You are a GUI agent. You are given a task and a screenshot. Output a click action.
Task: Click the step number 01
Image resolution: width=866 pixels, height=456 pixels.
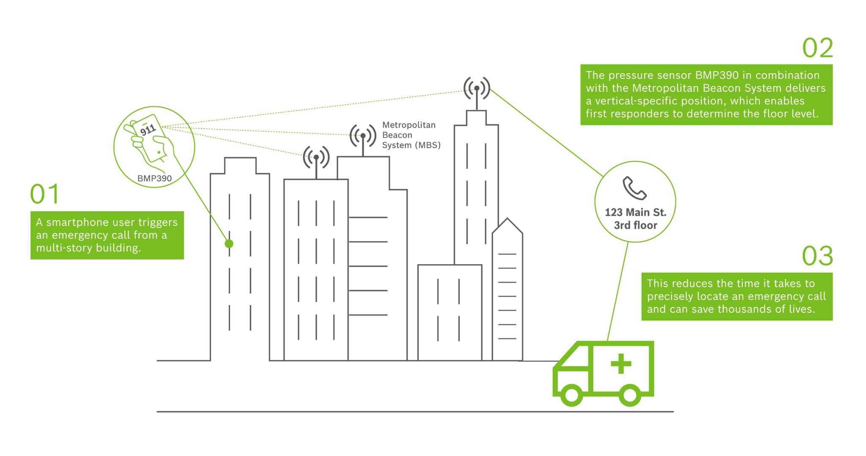[x=44, y=194]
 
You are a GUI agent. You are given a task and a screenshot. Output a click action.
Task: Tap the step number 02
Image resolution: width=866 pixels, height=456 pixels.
[x=817, y=48]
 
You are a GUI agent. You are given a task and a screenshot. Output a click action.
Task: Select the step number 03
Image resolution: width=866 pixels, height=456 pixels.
[x=817, y=256]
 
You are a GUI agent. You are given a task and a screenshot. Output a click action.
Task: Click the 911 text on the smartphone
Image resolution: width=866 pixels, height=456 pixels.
[x=148, y=129]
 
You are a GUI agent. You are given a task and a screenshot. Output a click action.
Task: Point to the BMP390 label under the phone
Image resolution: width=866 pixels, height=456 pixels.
[x=154, y=179]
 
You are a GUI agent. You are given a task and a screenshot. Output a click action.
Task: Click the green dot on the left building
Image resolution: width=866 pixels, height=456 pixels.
[x=229, y=244]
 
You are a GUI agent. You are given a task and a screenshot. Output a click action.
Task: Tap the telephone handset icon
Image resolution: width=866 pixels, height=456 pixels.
[x=634, y=188]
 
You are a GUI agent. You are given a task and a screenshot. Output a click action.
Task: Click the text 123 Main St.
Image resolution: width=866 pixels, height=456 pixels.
[x=635, y=212]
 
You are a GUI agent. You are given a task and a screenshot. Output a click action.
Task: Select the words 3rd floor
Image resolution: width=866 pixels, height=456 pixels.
[x=636, y=225]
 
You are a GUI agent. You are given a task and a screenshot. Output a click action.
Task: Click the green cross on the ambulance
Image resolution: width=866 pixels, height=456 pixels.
[x=621, y=364]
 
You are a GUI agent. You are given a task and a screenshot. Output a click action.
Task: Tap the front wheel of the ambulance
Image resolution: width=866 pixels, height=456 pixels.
[x=571, y=395]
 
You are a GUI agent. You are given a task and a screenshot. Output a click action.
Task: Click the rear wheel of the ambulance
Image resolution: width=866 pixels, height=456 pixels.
[x=630, y=395]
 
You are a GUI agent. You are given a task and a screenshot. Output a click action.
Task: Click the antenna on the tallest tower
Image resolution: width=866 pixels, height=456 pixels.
[x=477, y=89]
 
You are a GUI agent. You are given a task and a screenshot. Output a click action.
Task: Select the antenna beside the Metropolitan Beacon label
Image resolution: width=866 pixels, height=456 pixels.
[x=363, y=136]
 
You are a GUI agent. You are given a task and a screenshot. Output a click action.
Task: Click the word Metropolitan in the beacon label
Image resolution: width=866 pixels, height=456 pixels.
[x=408, y=125]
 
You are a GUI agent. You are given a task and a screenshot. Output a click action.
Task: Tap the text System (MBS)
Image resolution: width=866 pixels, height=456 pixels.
[x=411, y=146]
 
